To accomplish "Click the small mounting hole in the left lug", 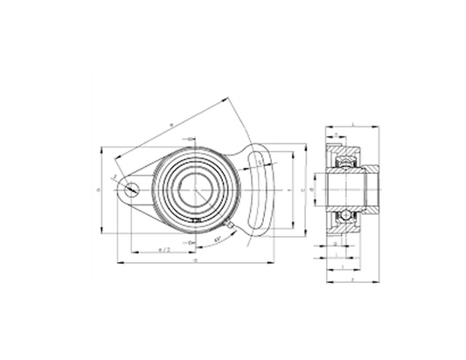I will (x=131, y=187).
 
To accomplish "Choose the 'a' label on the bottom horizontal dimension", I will (x=194, y=260).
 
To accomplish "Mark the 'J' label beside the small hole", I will (x=115, y=177).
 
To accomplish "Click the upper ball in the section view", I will (x=344, y=163).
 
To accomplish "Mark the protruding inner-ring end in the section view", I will (x=371, y=186).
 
